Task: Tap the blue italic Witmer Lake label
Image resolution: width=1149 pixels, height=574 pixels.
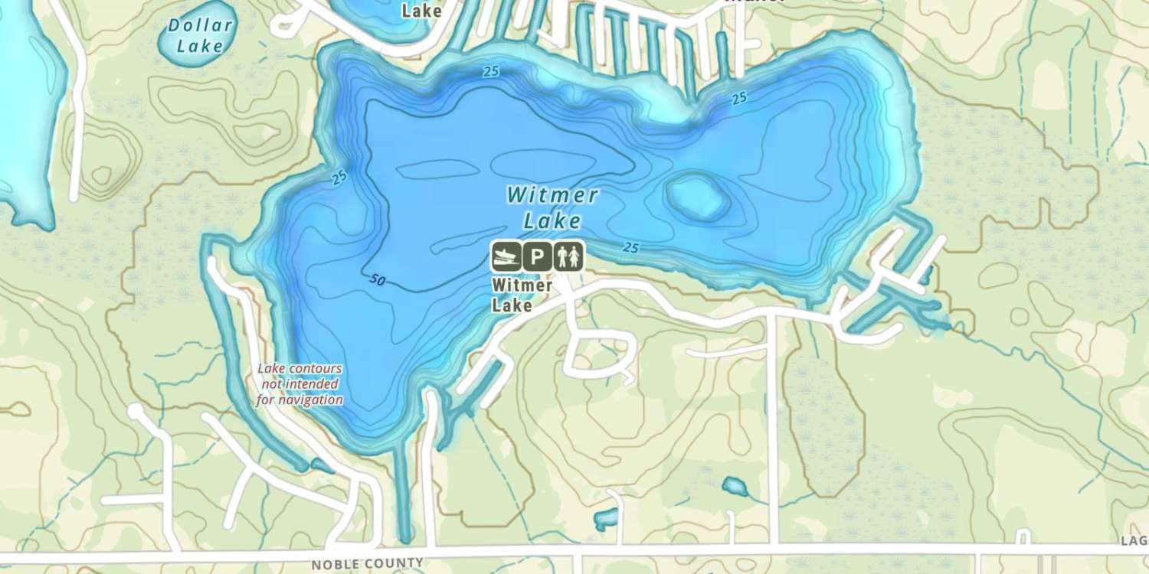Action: click(552, 207)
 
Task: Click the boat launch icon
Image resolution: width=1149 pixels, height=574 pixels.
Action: click(506, 256)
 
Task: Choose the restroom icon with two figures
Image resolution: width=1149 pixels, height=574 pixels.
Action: click(569, 256)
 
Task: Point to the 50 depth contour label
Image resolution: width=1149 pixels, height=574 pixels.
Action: click(376, 280)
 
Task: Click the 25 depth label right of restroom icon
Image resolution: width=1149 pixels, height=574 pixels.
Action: click(631, 247)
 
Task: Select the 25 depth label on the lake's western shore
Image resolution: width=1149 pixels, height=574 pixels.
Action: click(339, 178)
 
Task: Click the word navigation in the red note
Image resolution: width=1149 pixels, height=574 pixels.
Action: click(300, 400)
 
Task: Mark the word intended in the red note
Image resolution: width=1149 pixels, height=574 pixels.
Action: click(310, 384)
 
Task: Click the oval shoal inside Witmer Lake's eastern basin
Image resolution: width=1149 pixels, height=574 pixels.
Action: click(697, 197)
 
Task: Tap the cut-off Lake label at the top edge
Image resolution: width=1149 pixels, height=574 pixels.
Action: click(422, 10)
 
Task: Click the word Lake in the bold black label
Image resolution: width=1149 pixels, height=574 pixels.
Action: click(512, 305)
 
